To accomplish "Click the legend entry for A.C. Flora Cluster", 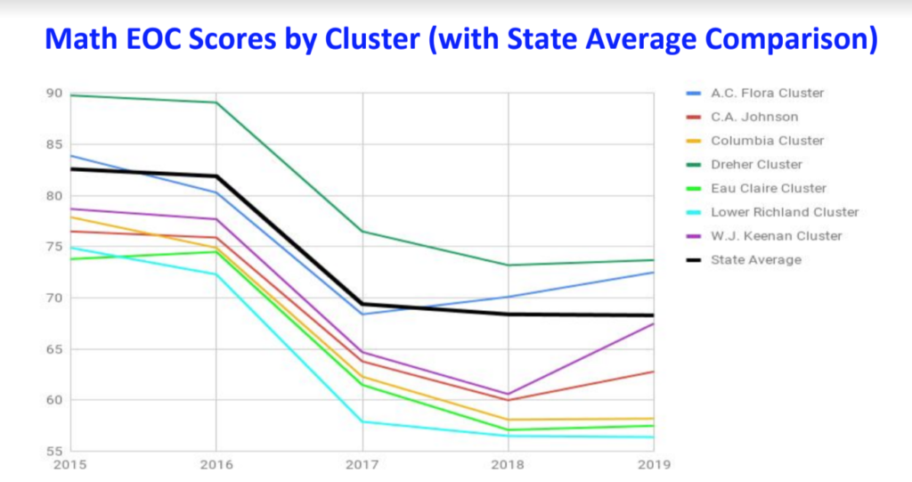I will click(766, 93).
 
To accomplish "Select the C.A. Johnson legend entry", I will click(753, 117).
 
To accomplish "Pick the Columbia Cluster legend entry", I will click(766, 141).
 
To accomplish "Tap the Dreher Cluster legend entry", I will click(756, 164).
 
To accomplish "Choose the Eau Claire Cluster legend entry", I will click(768, 188).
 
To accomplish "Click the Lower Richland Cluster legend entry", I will click(784, 212).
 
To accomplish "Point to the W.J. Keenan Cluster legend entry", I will click(775, 236).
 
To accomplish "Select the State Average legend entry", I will click(755, 260).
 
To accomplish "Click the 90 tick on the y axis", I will click(54, 94).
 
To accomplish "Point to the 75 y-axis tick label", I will click(54, 247).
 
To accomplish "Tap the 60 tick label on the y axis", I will click(54, 400).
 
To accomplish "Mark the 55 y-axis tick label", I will click(54, 451).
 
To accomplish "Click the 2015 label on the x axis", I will click(69, 465).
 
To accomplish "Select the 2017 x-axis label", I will click(362, 465).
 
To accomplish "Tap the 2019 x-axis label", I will click(654, 465).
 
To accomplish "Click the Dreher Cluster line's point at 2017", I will click(362, 232).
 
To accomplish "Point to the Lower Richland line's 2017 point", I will click(362, 421).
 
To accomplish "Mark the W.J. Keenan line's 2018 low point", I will click(509, 394).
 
